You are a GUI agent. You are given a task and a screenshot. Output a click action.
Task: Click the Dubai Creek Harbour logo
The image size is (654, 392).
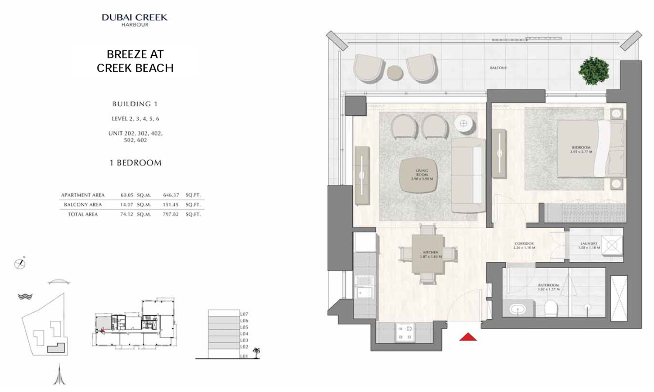point(134,20)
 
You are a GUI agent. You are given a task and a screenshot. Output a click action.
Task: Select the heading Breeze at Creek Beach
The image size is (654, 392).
point(135,61)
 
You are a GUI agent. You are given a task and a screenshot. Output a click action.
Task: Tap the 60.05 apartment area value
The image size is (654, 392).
point(127,195)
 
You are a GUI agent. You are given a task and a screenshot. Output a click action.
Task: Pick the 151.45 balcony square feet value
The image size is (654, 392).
point(170,205)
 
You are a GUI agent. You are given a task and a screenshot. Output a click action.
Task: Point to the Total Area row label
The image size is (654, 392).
point(83,214)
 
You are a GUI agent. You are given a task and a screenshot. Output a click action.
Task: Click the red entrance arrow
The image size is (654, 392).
point(468,337)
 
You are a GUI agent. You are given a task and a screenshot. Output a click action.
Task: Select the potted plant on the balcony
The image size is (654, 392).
point(593,71)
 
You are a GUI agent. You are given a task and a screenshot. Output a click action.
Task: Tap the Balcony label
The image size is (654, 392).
point(498,68)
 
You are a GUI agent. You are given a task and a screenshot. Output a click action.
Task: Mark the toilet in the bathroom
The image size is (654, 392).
point(552,308)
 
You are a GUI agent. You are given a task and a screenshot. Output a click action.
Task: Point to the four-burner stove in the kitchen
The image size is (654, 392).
point(405,332)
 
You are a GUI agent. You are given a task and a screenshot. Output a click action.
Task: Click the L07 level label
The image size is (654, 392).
point(244,314)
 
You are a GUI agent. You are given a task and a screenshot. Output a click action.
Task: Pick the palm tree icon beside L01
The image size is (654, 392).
point(256,352)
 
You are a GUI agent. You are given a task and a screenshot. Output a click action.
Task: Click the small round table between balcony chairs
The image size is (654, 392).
point(395,73)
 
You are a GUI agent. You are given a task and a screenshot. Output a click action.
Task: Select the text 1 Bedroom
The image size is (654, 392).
point(135,163)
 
